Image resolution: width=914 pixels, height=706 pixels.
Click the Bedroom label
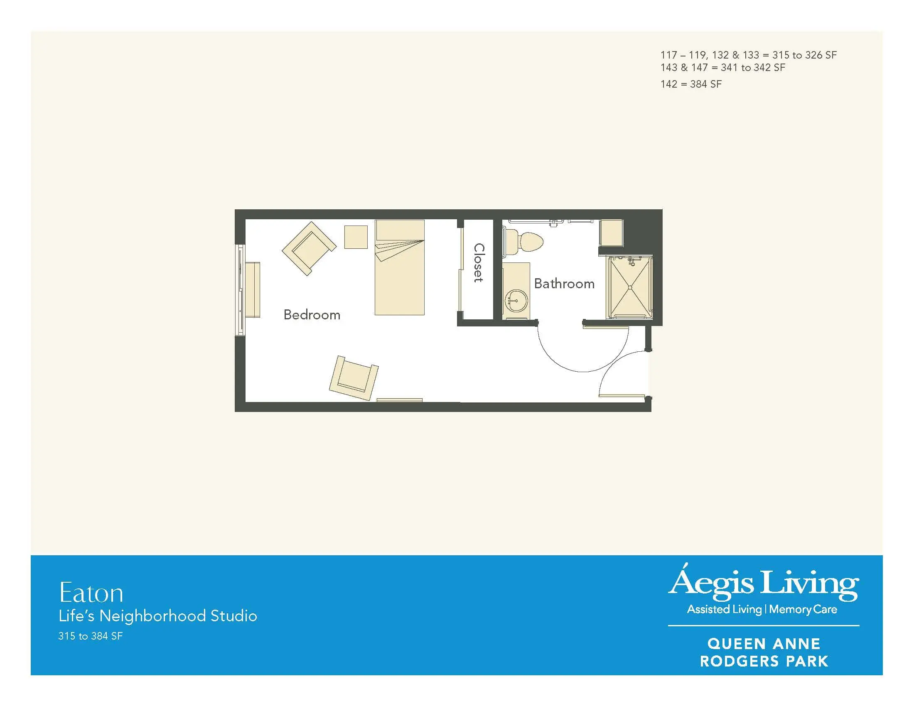pyautogui.click(x=312, y=314)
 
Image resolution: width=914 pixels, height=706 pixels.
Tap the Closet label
pyautogui.click(x=479, y=262)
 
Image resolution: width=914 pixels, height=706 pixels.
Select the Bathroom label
pyautogui.click(x=564, y=284)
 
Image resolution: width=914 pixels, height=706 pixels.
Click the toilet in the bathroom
pyautogui.click(x=523, y=241)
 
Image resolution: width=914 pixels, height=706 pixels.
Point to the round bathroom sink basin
pyautogui.click(x=516, y=300)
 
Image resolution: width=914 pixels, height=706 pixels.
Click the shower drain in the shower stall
pyautogui.click(x=629, y=287)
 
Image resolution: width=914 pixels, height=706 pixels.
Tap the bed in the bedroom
pyautogui.click(x=399, y=267)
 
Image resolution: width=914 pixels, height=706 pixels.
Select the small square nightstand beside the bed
pyautogui.click(x=356, y=237)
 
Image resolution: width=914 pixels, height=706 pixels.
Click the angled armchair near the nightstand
pyautogui.click(x=309, y=248)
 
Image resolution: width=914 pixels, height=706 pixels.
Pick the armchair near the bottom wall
pyautogui.click(x=354, y=378)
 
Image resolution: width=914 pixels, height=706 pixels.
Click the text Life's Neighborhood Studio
pyautogui.click(x=158, y=616)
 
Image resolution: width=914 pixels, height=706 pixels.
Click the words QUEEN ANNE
pyautogui.click(x=764, y=644)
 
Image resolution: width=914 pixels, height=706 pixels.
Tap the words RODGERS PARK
pyautogui.click(x=764, y=661)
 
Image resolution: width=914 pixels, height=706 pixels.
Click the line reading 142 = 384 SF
pyautogui.click(x=691, y=84)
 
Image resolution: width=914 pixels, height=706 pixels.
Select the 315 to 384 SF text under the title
pyautogui.click(x=91, y=636)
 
